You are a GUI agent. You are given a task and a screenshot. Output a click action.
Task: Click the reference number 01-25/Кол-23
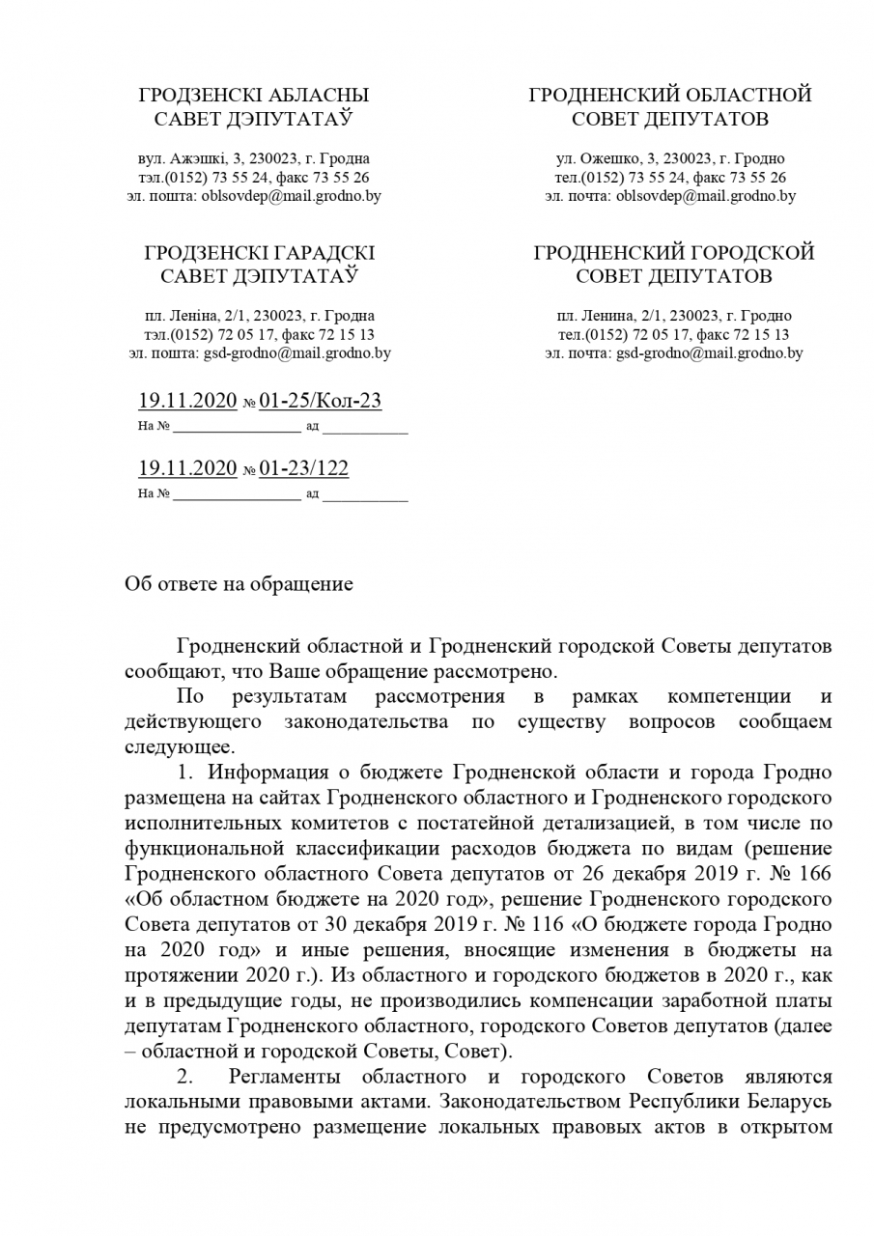[313, 401]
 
